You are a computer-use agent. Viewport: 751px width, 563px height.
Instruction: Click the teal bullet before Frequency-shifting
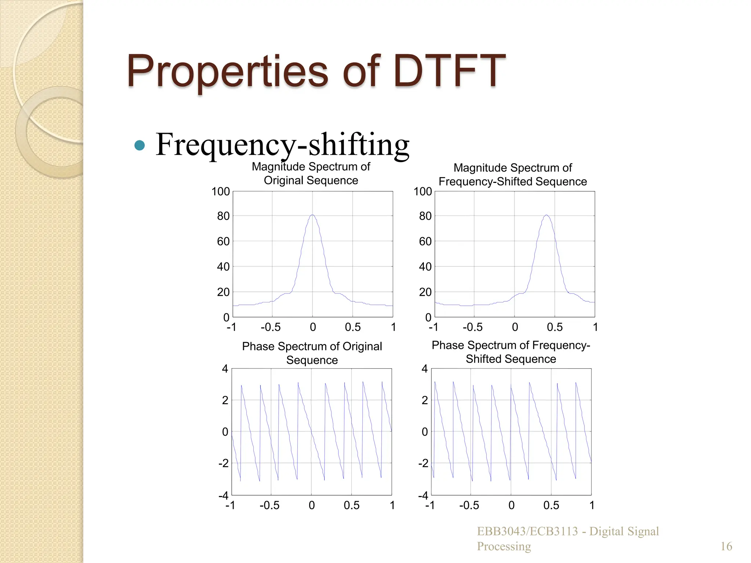(x=139, y=146)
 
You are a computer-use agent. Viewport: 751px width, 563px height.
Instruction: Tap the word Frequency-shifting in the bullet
(x=282, y=145)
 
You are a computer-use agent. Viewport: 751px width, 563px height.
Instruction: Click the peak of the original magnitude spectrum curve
(x=312, y=215)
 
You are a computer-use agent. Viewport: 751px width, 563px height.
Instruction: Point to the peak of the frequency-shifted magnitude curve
(x=546, y=215)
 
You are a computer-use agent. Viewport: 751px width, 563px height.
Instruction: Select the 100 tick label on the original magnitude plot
(x=220, y=191)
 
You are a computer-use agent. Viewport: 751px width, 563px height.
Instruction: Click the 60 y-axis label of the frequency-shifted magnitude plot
(x=425, y=241)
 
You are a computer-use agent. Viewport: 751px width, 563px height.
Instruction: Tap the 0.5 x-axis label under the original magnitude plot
(x=353, y=327)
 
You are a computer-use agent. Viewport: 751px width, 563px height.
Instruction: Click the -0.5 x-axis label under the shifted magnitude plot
(x=472, y=327)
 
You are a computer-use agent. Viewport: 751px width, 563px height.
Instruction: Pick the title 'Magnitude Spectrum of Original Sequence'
(x=311, y=173)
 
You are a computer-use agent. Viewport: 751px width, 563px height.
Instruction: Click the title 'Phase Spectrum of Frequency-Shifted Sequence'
(x=511, y=352)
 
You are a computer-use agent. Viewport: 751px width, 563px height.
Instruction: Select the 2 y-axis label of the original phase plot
(x=225, y=400)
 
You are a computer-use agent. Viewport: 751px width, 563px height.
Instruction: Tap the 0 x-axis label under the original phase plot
(x=312, y=505)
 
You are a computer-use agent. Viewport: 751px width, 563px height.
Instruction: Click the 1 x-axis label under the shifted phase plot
(x=591, y=505)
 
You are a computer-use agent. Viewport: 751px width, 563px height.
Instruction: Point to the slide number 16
(x=726, y=546)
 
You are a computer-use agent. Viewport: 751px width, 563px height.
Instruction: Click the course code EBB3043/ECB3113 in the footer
(x=527, y=531)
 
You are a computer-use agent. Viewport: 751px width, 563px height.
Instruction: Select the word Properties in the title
(x=227, y=71)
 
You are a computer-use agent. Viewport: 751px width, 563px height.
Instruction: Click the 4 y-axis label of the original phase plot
(x=225, y=369)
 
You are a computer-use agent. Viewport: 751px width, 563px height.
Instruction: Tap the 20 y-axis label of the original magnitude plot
(x=223, y=292)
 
